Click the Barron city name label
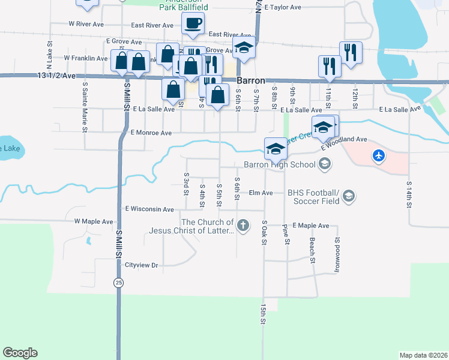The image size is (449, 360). tap(250, 80)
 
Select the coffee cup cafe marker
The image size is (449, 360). tap(193, 24)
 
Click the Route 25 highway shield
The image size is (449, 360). tap(119, 282)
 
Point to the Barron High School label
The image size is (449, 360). tap(279, 164)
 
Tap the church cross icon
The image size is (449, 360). tap(243, 226)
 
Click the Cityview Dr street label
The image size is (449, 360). tap(141, 265)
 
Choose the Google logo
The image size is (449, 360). tap(20, 352)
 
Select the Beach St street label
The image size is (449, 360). tap(312, 250)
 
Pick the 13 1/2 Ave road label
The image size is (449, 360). tap(56, 76)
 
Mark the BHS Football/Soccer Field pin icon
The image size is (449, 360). tap(349, 196)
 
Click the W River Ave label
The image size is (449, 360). tap(86, 24)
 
